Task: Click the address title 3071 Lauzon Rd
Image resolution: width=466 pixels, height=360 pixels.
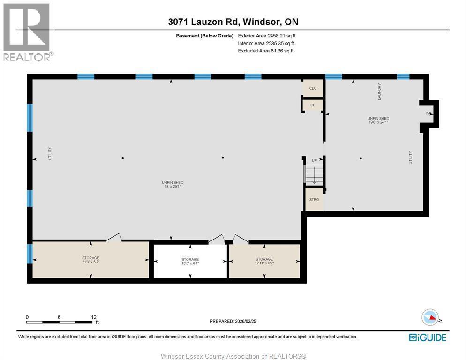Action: tap(233, 22)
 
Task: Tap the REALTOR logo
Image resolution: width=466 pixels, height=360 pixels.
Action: tap(27, 32)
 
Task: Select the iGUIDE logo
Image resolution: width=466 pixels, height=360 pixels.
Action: tap(427, 337)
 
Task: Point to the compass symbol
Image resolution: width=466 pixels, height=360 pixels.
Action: tap(430, 318)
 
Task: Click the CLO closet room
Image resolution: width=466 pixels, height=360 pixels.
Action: tap(313, 88)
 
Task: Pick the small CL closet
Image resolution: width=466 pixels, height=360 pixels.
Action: tap(313, 105)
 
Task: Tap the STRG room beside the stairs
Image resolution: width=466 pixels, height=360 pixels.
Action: tap(314, 200)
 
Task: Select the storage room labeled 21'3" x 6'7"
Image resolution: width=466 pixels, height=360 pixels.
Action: tap(90, 259)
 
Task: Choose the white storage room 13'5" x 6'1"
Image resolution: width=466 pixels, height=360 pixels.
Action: tap(190, 261)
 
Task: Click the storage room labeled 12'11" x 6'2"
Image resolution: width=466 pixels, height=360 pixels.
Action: tap(264, 261)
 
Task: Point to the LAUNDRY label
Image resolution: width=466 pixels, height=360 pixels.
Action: tap(379, 91)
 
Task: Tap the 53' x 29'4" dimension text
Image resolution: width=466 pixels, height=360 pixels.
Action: tap(173, 186)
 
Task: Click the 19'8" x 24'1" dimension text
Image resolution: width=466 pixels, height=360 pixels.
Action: tap(379, 122)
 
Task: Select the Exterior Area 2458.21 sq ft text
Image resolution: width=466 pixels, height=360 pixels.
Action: tap(267, 36)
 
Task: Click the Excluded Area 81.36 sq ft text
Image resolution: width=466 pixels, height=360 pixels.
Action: tap(265, 51)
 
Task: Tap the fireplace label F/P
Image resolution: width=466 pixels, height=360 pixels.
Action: tap(428, 113)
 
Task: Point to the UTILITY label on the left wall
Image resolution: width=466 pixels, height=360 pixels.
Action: tap(50, 154)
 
